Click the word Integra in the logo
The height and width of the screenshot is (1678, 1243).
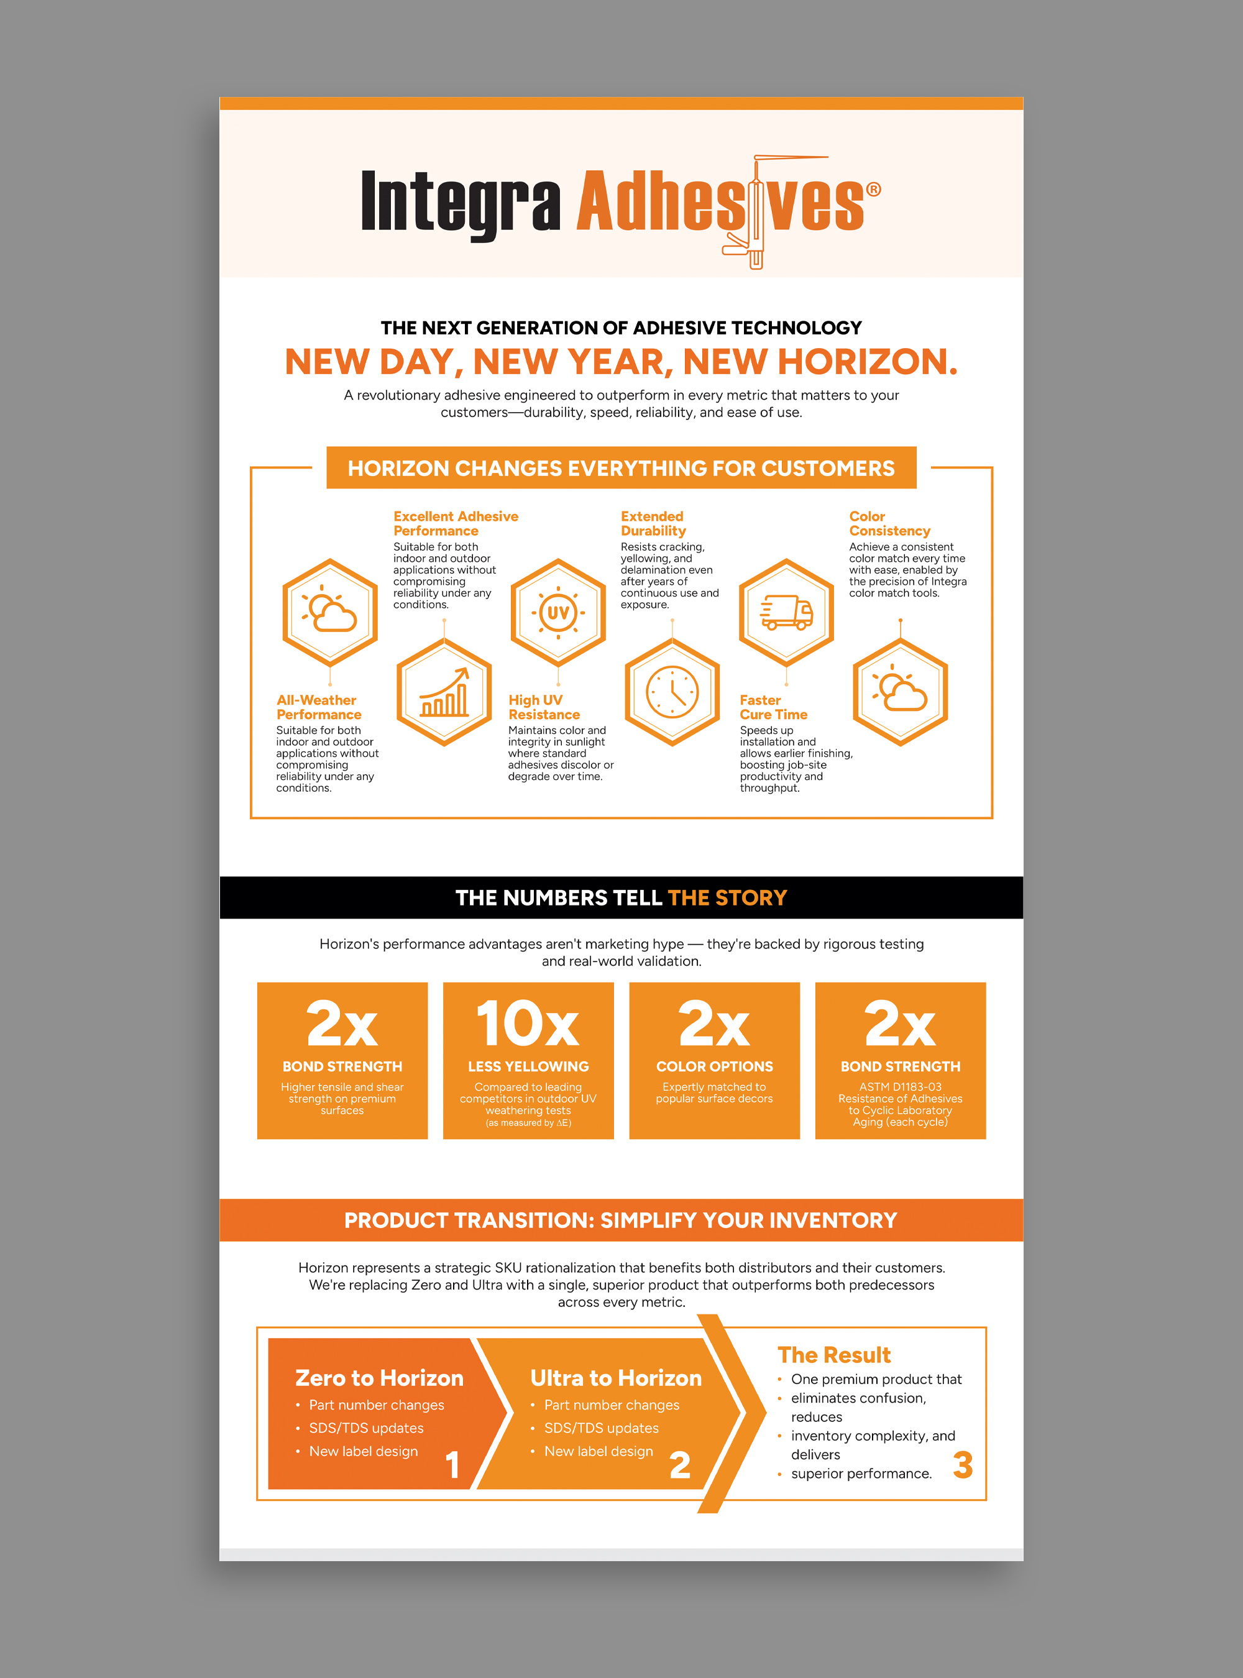[461, 201]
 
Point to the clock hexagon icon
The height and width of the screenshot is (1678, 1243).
[672, 692]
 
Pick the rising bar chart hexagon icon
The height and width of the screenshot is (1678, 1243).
[444, 692]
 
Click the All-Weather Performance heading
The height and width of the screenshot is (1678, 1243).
[318, 707]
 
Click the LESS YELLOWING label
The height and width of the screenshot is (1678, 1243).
[528, 1066]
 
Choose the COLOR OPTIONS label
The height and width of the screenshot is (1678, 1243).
[714, 1066]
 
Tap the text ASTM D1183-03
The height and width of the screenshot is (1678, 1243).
[900, 1086]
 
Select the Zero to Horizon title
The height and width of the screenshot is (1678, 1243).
[379, 1378]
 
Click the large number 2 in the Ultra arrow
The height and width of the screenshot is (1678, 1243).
[679, 1465]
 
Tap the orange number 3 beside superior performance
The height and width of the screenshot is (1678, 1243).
[962, 1465]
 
